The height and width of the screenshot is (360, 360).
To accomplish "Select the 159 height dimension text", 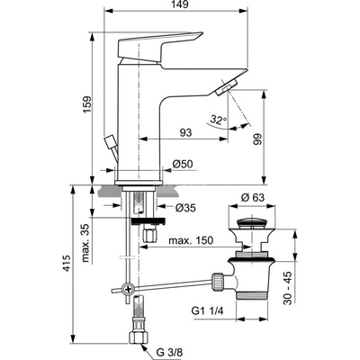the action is click(x=87, y=104).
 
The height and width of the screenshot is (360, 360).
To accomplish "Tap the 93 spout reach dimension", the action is click(x=185, y=132).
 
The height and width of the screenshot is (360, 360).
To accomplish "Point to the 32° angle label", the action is click(x=219, y=120).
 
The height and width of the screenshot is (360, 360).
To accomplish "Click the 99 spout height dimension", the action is click(x=257, y=139).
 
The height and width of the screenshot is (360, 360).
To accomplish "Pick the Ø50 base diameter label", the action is click(x=183, y=164).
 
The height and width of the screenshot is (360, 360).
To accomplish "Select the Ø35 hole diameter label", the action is click(x=185, y=208).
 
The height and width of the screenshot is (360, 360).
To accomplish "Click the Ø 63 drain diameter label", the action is click(x=253, y=197).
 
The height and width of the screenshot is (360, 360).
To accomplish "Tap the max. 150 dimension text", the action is click(x=191, y=240).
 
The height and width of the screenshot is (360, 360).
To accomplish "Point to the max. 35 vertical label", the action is click(x=85, y=243).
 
